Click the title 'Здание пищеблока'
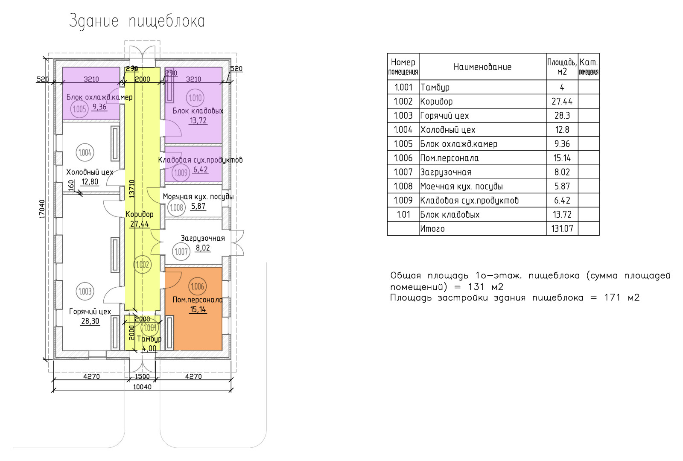(x=137, y=21)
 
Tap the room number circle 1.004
(x=85, y=152)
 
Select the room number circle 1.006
(x=197, y=286)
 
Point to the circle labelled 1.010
(x=195, y=98)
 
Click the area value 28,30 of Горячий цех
(x=90, y=321)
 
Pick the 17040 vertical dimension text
(x=42, y=209)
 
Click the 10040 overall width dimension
(x=142, y=387)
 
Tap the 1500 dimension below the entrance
(x=142, y=376)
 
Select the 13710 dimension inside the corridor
(x=132, y=188)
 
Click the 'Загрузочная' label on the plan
(x=203, y=238)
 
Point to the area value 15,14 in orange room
(x=198, y=309)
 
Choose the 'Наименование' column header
(x=482, y=67)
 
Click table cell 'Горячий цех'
(x=444, y=116)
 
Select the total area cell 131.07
(x=562, y=228)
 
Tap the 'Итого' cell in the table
(x=432, y=228)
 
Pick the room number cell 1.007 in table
(x=403, y=172)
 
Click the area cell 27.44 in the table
(x=562, y=102)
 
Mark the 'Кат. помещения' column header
(x=589, y=67)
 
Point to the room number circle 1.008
(x=177, y=208)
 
